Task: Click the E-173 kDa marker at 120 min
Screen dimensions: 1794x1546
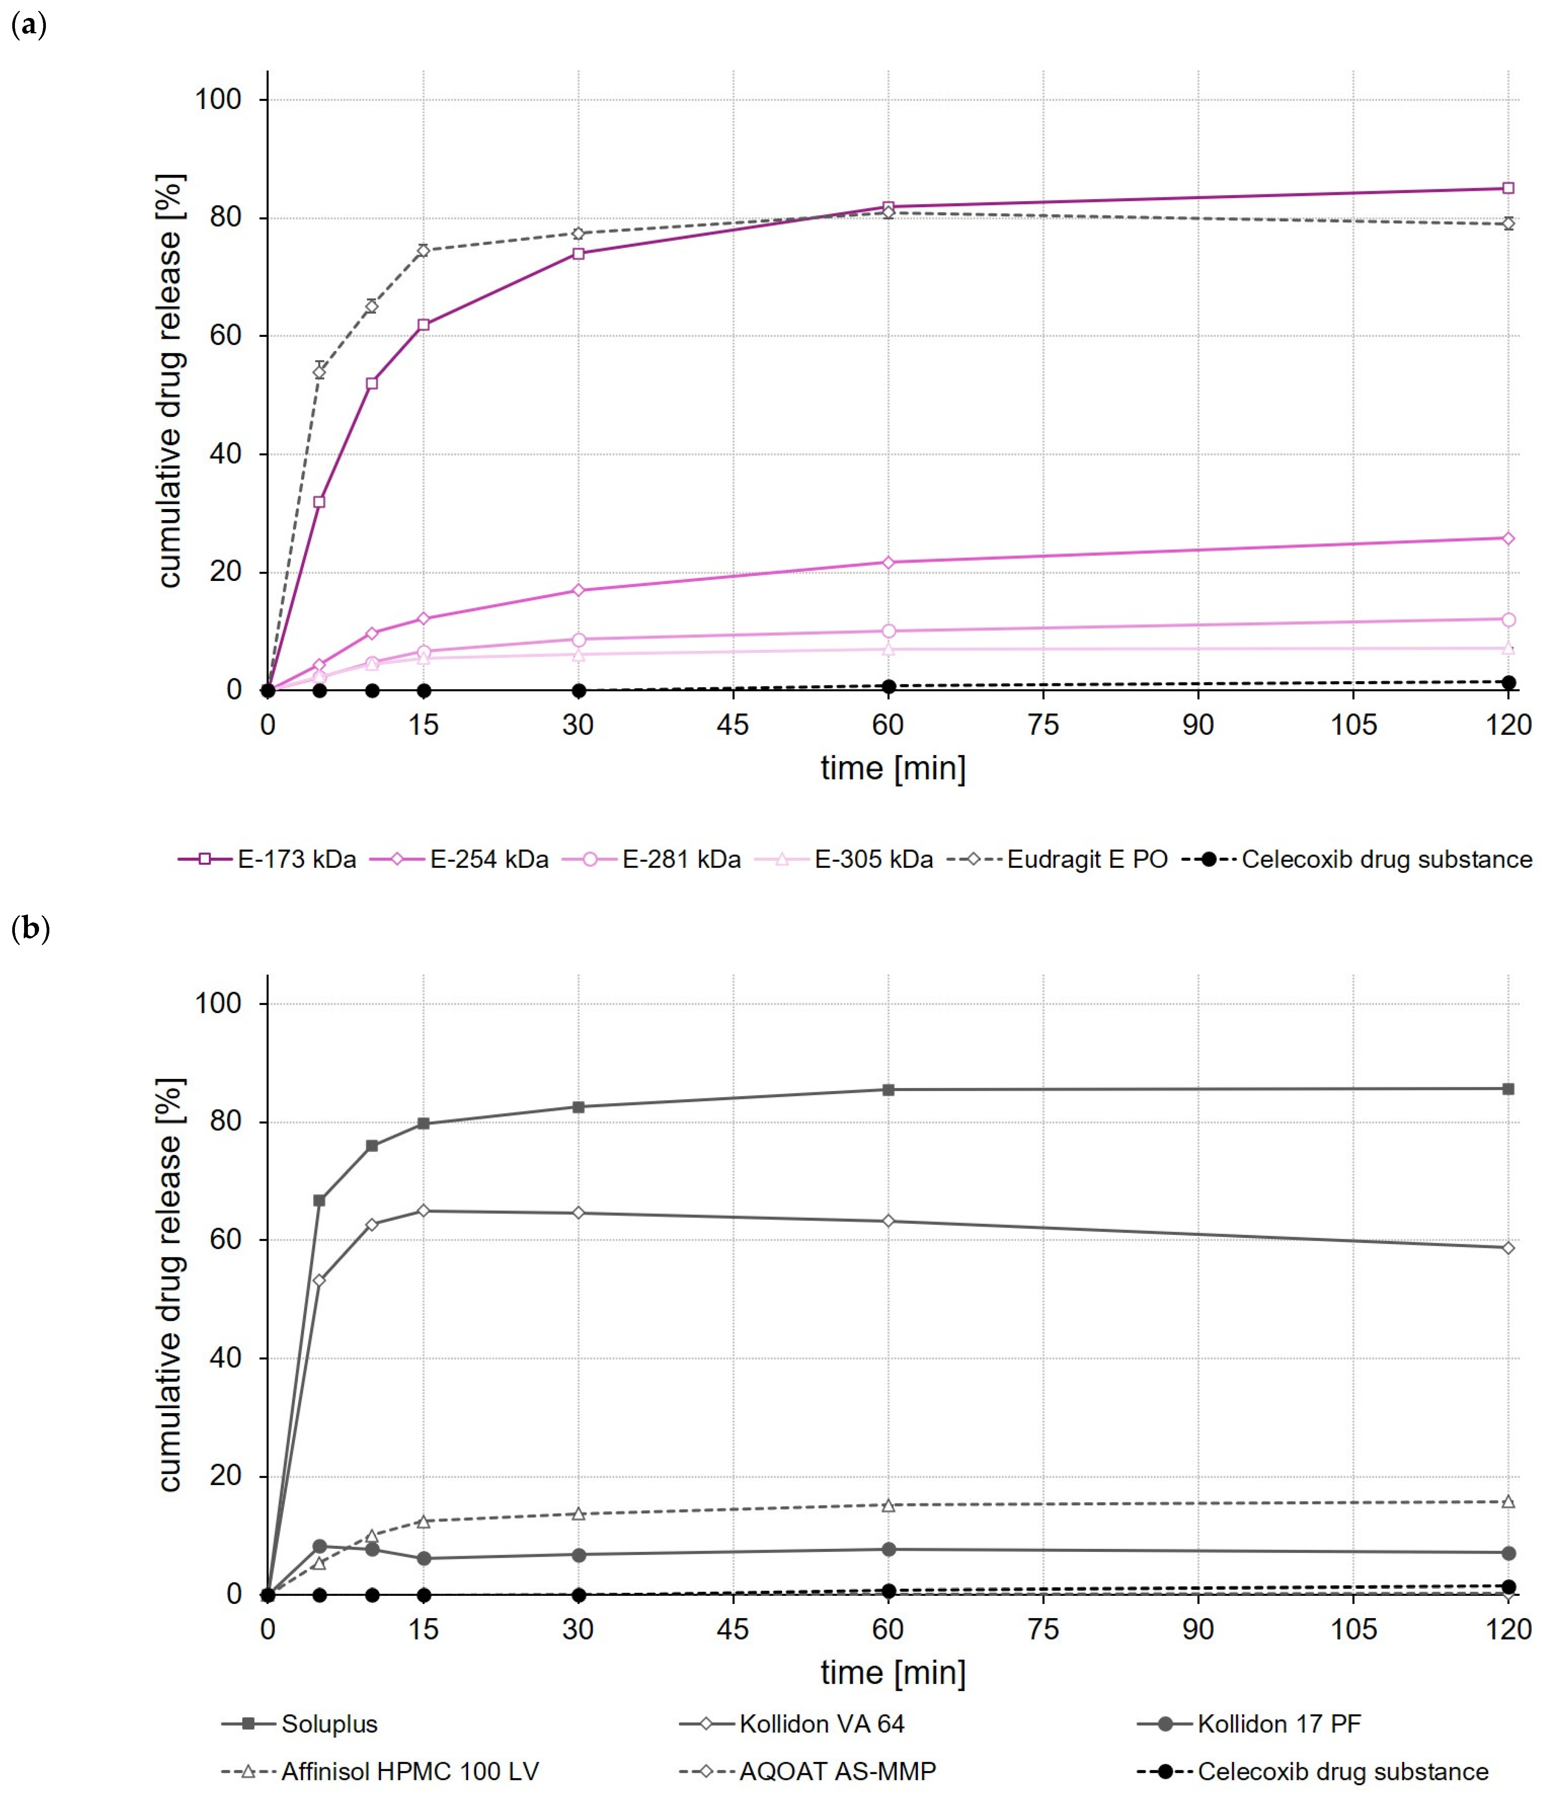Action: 1508,188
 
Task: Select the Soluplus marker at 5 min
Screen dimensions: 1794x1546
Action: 320,1200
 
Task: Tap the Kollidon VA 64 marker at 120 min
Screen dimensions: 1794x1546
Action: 1508,1248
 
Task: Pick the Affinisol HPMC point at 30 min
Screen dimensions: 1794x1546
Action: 579,1513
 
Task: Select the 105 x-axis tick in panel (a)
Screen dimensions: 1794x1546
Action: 1353,725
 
